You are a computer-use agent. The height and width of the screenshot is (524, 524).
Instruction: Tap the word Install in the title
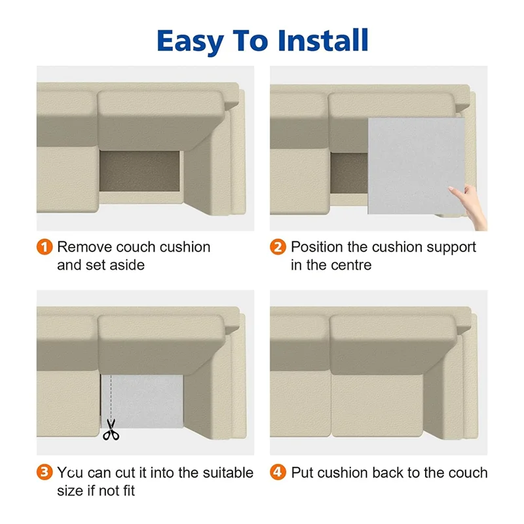tap(323, 40)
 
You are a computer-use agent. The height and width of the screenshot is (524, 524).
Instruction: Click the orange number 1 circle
tap(45, 247)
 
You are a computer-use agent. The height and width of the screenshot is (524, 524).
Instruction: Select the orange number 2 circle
tap(278, 247)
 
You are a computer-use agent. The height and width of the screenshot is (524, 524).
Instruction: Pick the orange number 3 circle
tap(45, 472)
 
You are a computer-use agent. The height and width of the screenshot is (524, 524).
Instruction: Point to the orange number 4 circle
tap(278, 472)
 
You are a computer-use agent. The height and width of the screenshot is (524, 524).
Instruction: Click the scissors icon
tap(111, 430)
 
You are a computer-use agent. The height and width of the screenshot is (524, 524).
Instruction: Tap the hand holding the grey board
tap(470, 206)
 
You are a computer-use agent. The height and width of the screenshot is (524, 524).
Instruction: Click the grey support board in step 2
tap(416, 166)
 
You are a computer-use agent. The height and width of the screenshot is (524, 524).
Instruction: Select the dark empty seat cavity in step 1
tap(140, 171)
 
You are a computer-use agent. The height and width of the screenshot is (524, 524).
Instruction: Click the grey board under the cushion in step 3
tap(142, 401)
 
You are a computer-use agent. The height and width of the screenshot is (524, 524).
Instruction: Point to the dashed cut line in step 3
tap(111, 397)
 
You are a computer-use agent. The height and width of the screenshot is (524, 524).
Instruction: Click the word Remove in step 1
tap(84, 247)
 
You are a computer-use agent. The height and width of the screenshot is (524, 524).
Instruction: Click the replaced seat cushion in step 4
tap(378, 404)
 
